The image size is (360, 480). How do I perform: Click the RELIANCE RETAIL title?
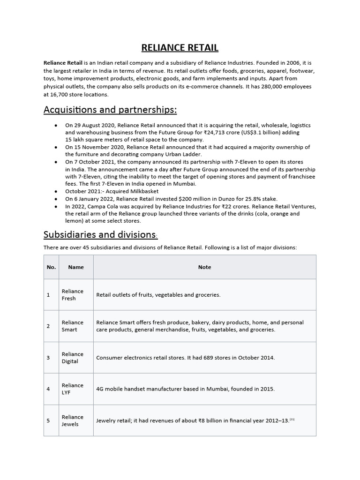click(x=180, y=48)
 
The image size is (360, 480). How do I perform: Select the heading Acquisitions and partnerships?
click(x=110, y=110)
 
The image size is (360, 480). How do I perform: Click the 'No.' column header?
click(x=51, y=267)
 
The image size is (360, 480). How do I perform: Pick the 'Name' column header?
click(x=76, y=267)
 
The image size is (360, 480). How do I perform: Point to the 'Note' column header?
click(x=204, y=267)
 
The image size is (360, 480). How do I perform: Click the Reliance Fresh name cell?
click(x=73, y=295)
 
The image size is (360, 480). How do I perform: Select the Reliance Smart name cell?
click(x=73, y=326)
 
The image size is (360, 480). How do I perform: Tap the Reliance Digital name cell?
click(x=73, y=358)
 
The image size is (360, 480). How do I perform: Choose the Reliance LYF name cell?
click(x=73, y=389)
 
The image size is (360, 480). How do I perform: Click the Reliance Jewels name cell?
click(x=73, y=420)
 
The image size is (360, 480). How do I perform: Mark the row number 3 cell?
click(x=48, y=358)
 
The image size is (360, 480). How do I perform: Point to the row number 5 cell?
click(x=48, y=420)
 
